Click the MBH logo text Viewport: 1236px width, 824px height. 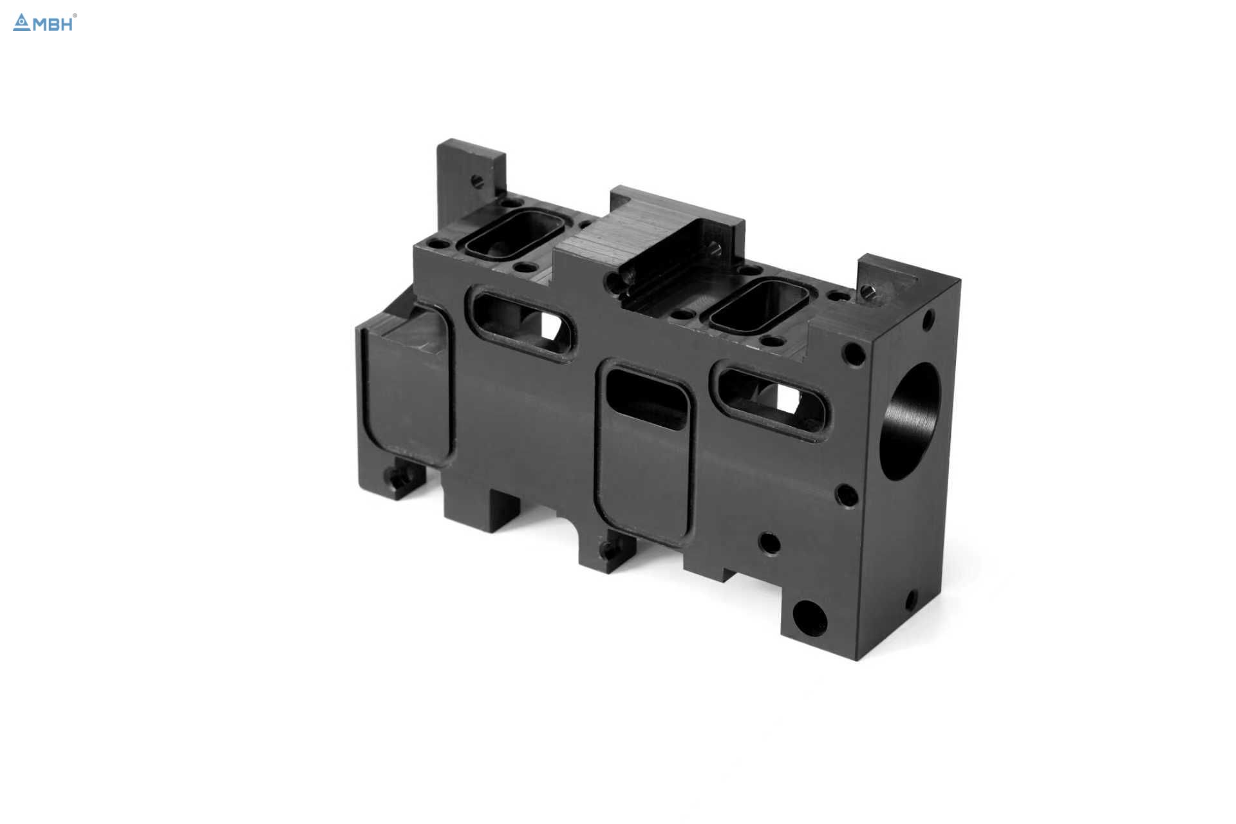coord(52,24)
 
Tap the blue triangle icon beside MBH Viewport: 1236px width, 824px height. coord(22,23)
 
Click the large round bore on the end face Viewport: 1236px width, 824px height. coord(909,421)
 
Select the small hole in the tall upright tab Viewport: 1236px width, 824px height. coord(477,181)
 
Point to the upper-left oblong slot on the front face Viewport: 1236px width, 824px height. coord(523,324)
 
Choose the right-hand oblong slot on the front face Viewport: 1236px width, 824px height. coord(769,399)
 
